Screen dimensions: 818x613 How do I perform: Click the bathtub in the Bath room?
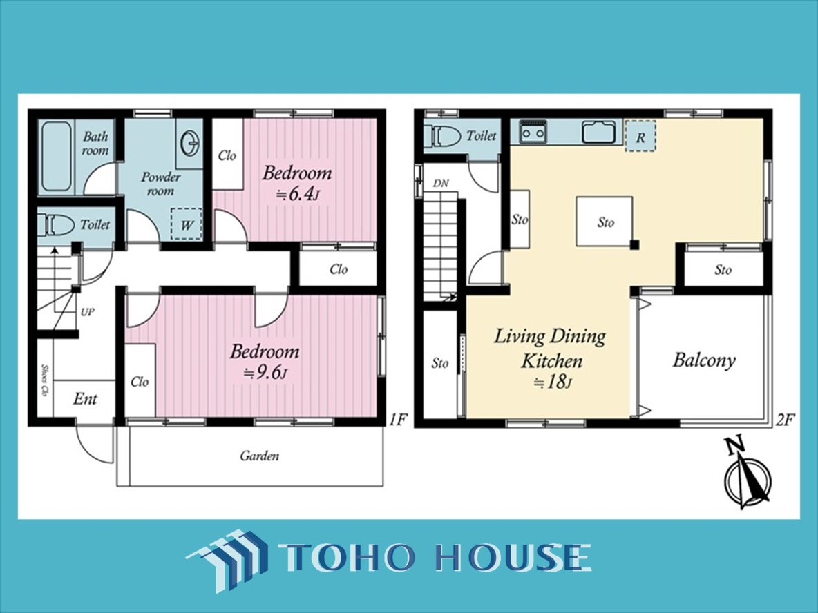tap(56, 156)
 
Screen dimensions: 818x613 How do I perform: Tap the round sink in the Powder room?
tap(191, 142)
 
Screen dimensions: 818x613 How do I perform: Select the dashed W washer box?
tap(187, 224)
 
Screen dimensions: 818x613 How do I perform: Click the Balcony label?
tap(704, 360)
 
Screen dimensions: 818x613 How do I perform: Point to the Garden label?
tap(259, 456)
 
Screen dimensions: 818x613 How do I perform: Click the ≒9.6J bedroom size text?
tap(265, 373)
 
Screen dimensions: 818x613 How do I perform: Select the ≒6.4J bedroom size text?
tap(296, 195)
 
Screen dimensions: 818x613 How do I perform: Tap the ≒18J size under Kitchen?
tap(553, 382)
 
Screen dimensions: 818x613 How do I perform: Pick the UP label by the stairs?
tap(87, 312)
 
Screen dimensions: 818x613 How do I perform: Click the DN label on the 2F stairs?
tap(441, 184)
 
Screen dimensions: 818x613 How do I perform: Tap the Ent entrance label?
tap(85, 399)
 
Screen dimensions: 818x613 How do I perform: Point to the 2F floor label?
tap(785, 420)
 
